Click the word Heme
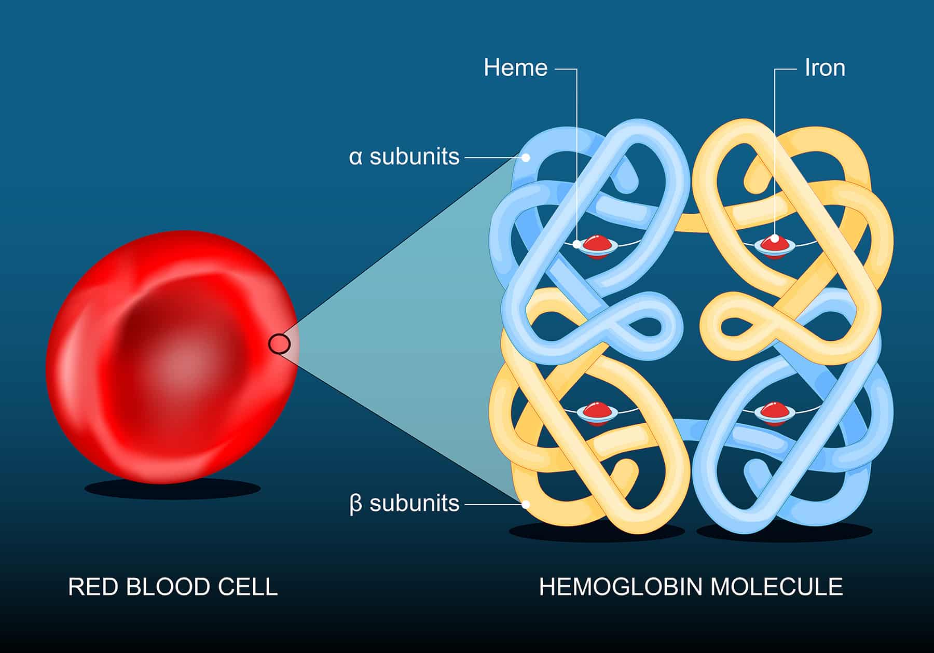(515, 68)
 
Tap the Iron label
(825, 68)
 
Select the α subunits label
(404, 156)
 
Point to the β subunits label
(404, 503)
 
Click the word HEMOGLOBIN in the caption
(620, 587)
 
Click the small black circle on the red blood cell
(279, 343)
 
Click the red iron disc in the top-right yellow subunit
(774, 245)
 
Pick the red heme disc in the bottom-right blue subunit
(774, 411)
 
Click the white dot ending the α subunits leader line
(526, 157)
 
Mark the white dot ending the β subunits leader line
(526, 503)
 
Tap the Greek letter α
(355, 157)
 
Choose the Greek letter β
(355, 504)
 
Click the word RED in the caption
(91, 587)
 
